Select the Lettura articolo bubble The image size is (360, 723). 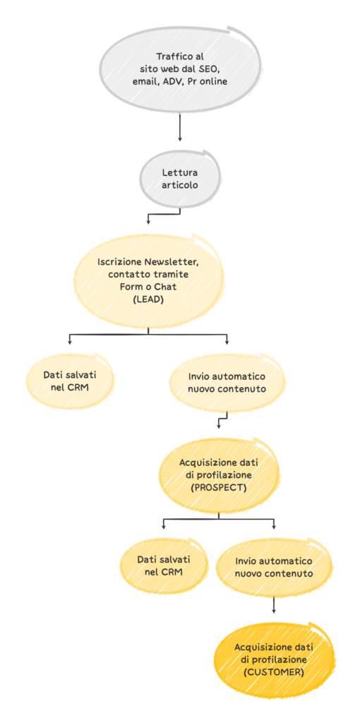pyautogui.click(x=180, y=178)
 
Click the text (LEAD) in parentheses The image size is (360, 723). pyautogui.click(x=148, y=298)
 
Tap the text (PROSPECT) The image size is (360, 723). pyautogui.click(x=219, y=487)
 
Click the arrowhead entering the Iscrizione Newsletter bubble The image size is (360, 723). pyautogui.click(x=148, y=221)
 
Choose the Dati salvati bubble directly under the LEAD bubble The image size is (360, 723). pyautogui.click(x=70, y=380)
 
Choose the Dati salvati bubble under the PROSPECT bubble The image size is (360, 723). pyautogui.click(x=163, y=566)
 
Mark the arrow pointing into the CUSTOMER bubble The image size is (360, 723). pyautogui.click(x=274, y=604)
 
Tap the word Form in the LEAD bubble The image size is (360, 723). pyautogui.click(x=129, y=286)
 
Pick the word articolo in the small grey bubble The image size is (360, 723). pyautogui.click(x=180, y=185)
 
